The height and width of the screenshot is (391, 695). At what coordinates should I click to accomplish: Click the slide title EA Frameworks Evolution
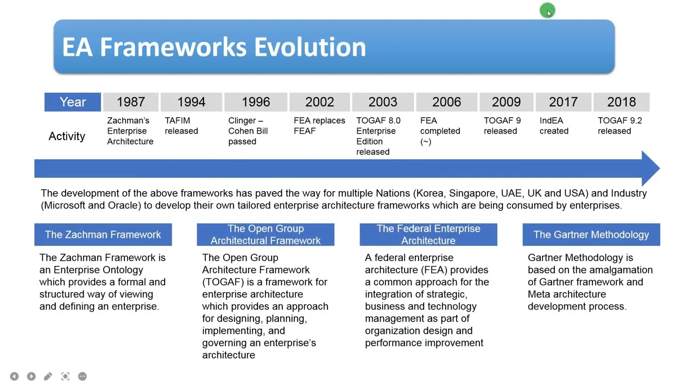[214, 47]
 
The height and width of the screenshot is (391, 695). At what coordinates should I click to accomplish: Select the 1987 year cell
[130, 102]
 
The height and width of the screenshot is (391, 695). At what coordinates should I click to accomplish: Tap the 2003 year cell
[383, 102]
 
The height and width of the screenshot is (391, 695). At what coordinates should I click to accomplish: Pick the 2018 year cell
[621, 102]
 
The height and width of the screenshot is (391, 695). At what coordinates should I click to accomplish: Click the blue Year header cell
[73, 102]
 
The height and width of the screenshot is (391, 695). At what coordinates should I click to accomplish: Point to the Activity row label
[67, 136]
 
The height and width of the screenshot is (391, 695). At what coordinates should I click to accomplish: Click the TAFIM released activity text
[181, 126]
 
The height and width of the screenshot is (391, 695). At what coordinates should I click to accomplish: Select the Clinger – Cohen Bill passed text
[248, 131]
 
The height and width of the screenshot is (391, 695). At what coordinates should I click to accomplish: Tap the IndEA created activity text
[554, 126]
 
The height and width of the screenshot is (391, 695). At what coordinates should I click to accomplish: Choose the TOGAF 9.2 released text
[619, 126]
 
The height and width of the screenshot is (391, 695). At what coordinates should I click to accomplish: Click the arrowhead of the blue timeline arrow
[650, 168]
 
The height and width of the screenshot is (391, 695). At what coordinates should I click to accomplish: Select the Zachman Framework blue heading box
[103, 235]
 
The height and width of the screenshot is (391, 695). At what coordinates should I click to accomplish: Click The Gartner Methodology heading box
[591, 235]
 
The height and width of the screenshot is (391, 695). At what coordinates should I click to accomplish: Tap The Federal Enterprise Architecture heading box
[428, 235]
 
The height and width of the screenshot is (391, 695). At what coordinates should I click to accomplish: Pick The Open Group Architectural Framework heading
[266, 235]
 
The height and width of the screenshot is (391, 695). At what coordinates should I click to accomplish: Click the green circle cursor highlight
[547, 10]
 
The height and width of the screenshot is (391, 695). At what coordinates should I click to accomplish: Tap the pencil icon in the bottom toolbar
[48, 376]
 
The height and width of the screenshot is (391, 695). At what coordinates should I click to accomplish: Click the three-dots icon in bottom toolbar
[83, 376]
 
